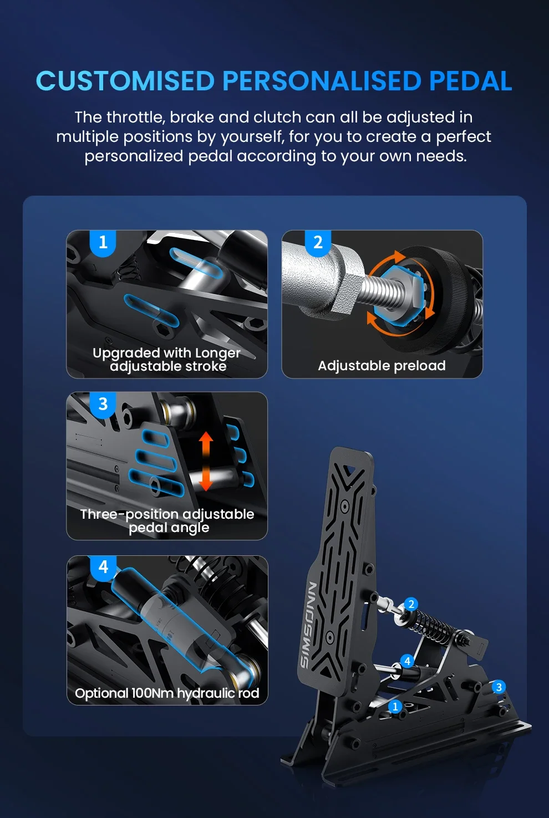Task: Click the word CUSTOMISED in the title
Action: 125,80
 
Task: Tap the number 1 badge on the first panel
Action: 103,243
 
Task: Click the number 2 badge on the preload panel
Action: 318,243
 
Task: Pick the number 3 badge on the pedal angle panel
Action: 103,404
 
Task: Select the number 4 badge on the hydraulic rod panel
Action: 104,567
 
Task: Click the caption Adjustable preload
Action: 382,366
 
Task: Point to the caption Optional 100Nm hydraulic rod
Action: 167,693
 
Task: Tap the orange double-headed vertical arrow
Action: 206,461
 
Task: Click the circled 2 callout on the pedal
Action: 411,604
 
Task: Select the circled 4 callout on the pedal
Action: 407,661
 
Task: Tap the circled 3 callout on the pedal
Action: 499,687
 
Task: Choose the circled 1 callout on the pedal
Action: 395,707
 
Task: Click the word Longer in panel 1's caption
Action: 217,353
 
